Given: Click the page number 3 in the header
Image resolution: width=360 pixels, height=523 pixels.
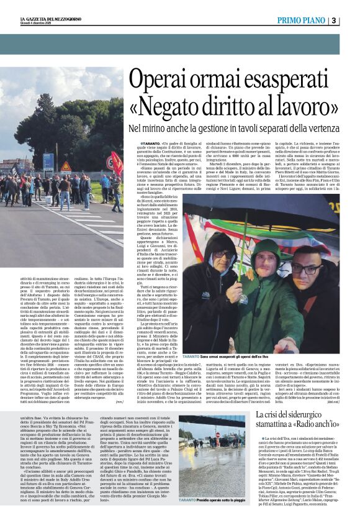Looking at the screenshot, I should point(334,21).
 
